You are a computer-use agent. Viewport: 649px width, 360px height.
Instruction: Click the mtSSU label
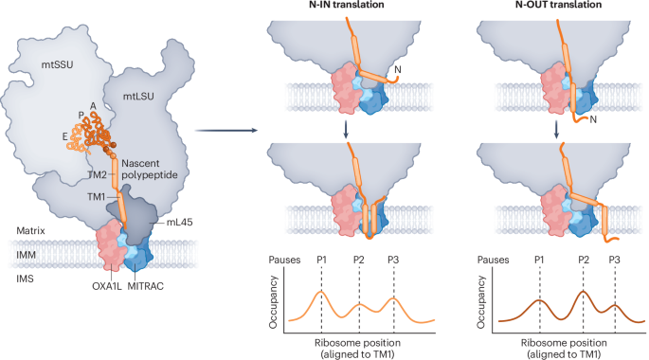57,64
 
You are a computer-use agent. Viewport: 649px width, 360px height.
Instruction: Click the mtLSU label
138,97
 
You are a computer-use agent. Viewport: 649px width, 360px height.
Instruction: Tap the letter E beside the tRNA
65,137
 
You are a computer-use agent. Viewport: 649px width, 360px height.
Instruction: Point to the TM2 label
98,175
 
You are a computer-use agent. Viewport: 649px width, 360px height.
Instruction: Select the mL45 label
180,223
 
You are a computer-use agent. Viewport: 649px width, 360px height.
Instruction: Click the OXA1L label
107,286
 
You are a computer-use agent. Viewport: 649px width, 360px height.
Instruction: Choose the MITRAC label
145,286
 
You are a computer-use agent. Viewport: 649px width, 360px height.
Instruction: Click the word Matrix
30,230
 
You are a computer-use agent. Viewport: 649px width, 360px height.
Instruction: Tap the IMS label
25,279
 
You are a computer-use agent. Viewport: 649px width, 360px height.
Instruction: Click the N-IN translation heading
347,5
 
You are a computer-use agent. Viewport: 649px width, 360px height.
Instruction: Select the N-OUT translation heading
558,5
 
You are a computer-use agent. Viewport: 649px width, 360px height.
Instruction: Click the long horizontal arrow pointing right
226,131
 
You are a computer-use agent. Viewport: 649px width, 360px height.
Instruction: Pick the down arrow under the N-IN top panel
347,130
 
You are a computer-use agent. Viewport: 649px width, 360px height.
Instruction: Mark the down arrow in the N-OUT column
556,130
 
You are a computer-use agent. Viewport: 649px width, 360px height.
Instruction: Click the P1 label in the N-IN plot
321,260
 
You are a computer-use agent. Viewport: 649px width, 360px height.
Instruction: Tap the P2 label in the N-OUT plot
584,260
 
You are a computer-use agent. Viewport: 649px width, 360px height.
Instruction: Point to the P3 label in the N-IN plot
393,260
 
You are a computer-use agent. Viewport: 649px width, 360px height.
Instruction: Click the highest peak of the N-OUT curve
584,291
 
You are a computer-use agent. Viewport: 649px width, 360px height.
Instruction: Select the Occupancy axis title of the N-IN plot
273,302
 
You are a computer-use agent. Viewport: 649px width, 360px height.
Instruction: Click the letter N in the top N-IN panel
398,69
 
